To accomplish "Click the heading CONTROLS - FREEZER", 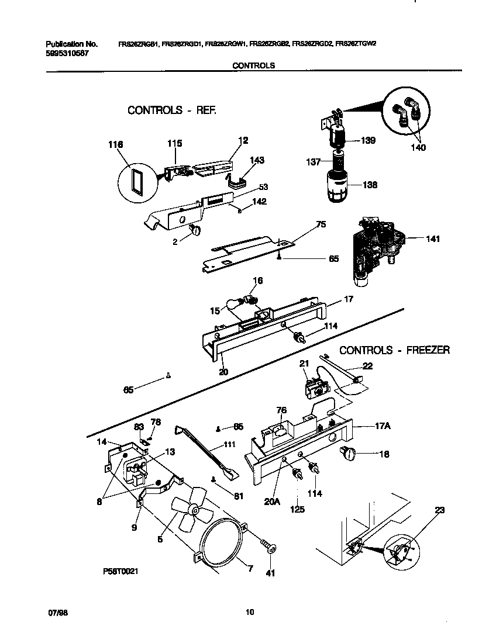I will (394, 350).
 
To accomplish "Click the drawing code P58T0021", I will (119, 572).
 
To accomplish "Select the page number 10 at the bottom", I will (250, 613).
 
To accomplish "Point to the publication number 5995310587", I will (66, 52).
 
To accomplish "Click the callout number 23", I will (439, 510).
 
